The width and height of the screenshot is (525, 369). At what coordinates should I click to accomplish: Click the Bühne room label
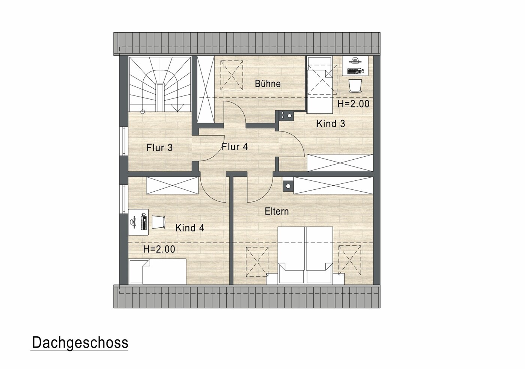coord(268,84)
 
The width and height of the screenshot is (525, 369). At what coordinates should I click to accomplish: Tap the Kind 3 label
coord(331,124)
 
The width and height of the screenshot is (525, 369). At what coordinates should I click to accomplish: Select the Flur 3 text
coord(159,148)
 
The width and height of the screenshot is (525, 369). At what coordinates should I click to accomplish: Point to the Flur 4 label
coord(235,147)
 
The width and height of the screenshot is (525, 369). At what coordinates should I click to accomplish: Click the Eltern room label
coord(277,212)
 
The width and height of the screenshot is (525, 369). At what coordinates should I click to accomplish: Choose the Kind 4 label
coord(190,228)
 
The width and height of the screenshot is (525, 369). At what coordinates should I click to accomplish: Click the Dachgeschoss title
coord(80,343)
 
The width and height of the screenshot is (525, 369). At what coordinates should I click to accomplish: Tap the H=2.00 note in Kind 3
coord(354,104)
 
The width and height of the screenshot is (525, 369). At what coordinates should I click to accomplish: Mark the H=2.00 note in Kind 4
coord(159,249)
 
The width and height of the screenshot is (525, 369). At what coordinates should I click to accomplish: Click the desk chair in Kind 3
coord(355,86)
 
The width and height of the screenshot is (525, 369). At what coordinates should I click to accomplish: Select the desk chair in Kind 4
coord(159,222)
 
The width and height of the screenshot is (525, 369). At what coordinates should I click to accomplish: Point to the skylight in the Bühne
coord(232,75)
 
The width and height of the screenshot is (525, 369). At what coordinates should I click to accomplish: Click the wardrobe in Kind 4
coord(172,185)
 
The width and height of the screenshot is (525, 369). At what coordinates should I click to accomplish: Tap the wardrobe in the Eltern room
coord(333,185)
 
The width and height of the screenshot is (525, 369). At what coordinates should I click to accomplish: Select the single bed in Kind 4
coord(157,271)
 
